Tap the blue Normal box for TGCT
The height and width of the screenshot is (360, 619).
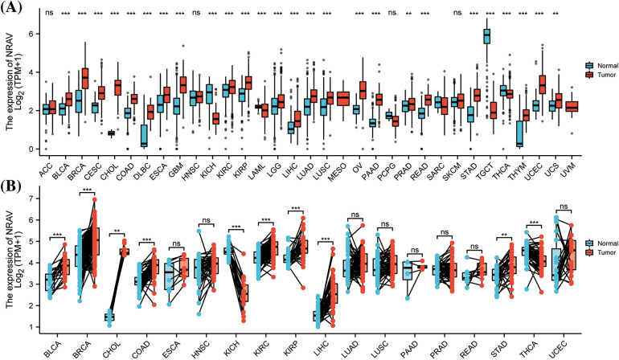click(486, 36)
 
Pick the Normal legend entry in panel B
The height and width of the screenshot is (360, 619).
click(594, 264)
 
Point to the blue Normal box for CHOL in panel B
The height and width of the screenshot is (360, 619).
click(109, 317)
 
